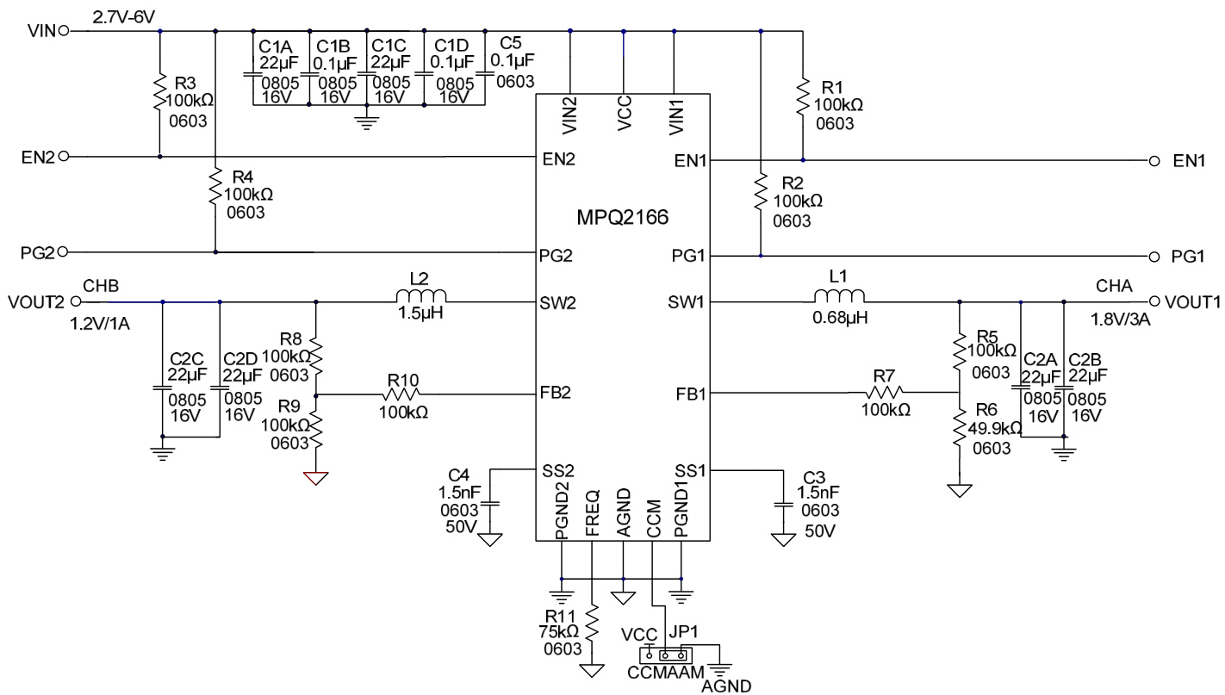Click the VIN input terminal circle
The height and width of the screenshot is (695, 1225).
pyautogui.click(x=63, y=31)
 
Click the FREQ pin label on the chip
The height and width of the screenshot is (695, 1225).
pyautogui.click(x=593, y=514)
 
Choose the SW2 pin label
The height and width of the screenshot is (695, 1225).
pyautogui.click(x=559, y=302)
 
